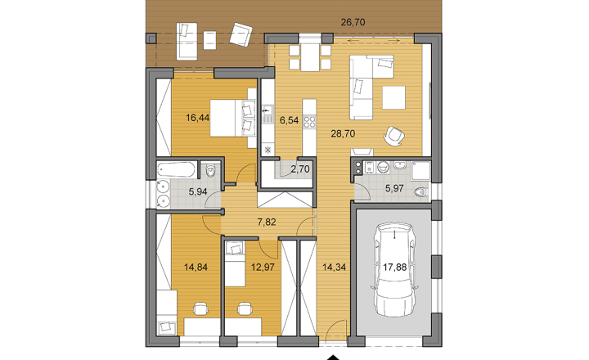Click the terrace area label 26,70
coord(353,22)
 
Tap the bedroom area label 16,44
coord(198,118)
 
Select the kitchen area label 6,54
coord(290,120)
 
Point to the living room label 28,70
coord(343,133)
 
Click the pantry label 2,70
coord(300,169)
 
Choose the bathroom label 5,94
coord(198,191)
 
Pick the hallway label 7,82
coord(267,222)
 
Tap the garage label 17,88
coord(395,268)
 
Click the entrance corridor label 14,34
coord(335,268)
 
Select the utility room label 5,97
coord(394,188)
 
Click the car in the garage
coord(394,269)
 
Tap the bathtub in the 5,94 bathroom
coord(176,170)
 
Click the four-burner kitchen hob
coord(309,122)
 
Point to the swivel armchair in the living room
coord(393,135)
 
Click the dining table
coord(310,57)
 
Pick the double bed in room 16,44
coord(233,118)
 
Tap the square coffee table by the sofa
coord(394,97)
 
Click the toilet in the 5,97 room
coord(421,192)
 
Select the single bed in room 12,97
coord(235,263)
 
